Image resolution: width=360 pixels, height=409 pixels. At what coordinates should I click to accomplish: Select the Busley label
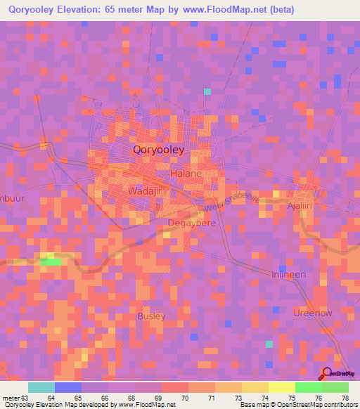click(x=152, y=316)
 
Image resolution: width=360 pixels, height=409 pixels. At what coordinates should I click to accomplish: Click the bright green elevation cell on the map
click(x=51, y=261)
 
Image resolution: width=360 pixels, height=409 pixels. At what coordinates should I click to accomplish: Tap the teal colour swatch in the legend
click(x=41, y=387)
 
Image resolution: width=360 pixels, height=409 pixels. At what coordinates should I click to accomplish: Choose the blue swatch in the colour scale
click(x=68, y=387)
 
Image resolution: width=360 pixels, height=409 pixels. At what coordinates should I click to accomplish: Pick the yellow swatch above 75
click(x=282, y=387)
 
